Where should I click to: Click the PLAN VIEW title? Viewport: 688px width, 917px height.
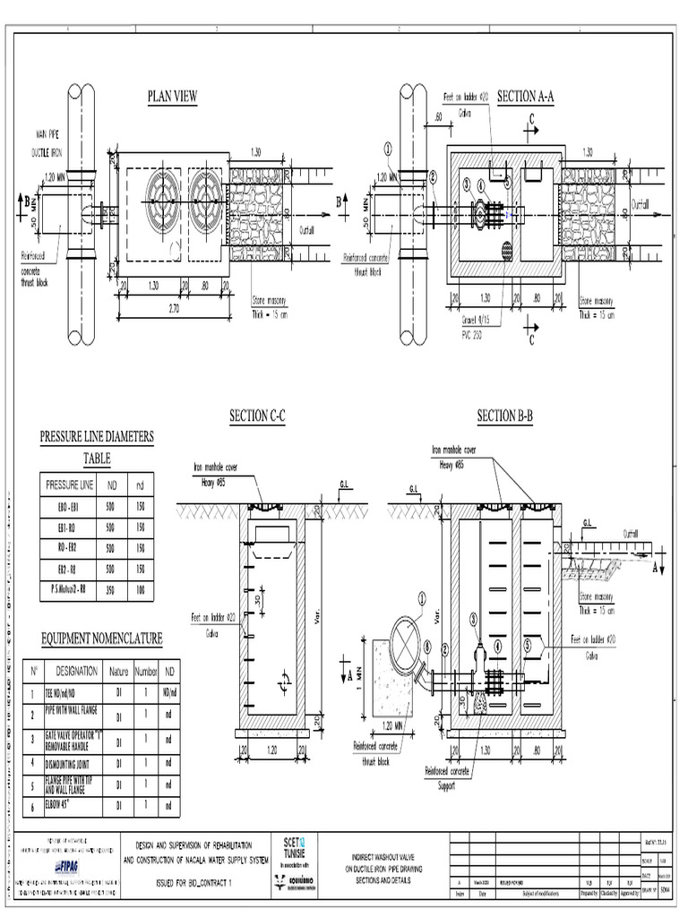[x=172, y=97]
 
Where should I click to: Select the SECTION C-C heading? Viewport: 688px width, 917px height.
[x=258, y=416]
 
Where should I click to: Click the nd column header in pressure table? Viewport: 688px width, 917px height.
[x=140, y=484]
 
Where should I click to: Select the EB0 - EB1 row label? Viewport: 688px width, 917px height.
[x=69, y=507]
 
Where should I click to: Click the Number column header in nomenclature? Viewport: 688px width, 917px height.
[x=146, y=669]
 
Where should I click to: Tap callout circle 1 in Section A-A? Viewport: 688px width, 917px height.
[x=388, y=148]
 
